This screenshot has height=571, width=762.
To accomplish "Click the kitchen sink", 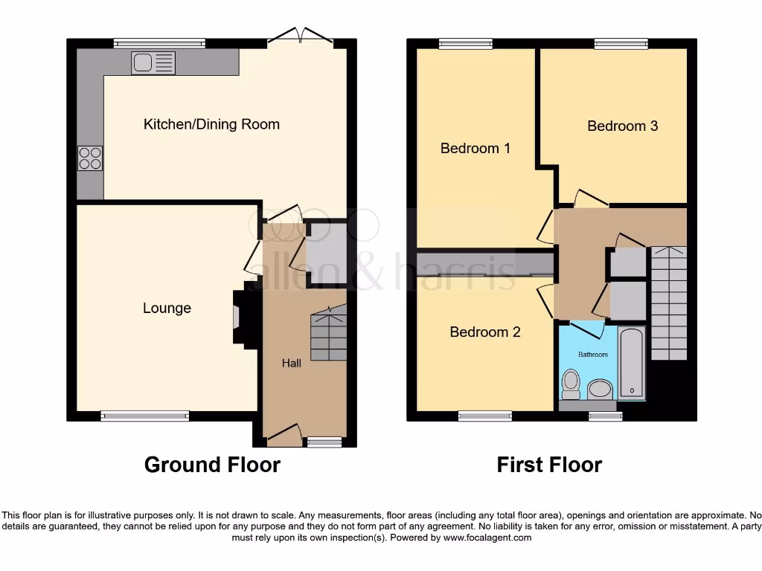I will (153, 63).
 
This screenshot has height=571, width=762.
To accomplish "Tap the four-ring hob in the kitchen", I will (90, 158).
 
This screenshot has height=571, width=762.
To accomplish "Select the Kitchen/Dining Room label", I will (211, 124).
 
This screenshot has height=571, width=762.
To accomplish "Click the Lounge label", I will (167, 308).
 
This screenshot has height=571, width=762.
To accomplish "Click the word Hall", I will (292, 364).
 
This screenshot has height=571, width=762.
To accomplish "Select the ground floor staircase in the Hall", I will (328, 334).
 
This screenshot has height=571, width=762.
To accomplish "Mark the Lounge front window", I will (145, 416).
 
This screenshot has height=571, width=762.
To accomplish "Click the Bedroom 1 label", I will (476, 148).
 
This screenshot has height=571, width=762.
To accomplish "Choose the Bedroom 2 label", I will (485, 332).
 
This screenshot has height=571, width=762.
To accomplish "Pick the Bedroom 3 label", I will (622, 126).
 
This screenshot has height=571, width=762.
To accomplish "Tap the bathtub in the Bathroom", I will (632, 362).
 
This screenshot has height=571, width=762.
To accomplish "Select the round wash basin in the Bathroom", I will (599, 389).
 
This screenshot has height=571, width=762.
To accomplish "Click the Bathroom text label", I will (593, 355).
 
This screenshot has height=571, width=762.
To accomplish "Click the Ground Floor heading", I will (212, 465).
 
